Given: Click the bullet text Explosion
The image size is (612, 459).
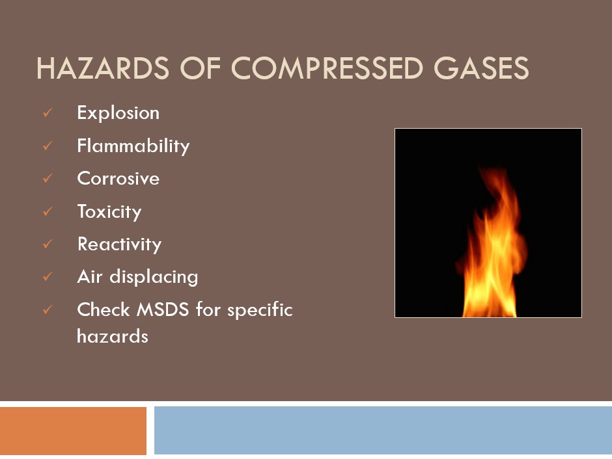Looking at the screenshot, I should tap(118, 112).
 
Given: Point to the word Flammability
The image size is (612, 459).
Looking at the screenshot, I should tap(133, 146).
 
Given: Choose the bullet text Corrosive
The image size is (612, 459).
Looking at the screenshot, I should tap(118, 178).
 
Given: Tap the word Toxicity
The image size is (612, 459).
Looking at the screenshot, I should tap(109, 211).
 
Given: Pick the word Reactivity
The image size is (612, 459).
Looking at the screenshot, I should tap(119, 244).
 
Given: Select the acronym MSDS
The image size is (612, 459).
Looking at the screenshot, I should tap(163, 309).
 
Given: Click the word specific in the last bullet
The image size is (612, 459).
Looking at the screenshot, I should tap(260, 310).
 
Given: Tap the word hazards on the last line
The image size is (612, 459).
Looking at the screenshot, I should tap(112, 336).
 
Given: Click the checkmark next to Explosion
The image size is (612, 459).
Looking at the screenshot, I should tap(48, 114).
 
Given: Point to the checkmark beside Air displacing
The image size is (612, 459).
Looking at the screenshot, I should tap(48, 278).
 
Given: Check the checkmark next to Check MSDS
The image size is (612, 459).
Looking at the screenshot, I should tap(48, 311).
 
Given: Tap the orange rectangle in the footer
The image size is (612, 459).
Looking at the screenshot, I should tap(73, 430).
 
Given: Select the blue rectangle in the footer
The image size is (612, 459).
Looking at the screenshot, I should tap(383, 430).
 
